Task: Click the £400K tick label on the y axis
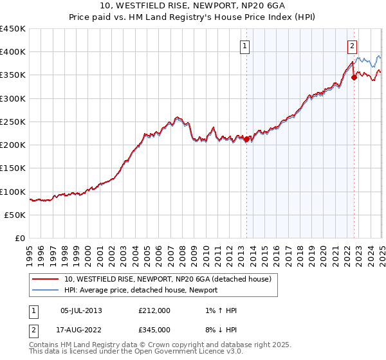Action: [12, 52]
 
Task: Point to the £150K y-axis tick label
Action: [12, 168]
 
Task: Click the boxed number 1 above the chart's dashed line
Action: [246, 46]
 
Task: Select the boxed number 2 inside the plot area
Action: [353, 46]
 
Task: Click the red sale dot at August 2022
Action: [354, 77]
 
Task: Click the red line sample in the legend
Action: [45, 279]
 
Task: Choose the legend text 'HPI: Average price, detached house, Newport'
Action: [141, 290]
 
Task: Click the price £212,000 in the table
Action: [154, 310]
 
